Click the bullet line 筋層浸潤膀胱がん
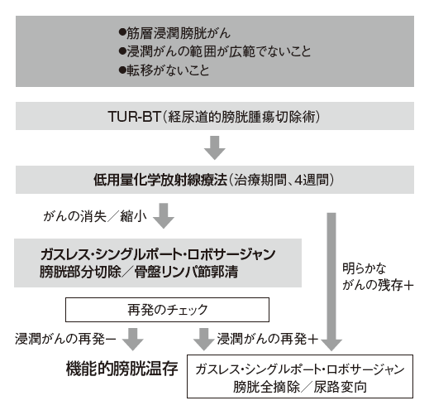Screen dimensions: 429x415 (174, 33)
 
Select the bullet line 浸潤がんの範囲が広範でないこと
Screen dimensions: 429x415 (215, 51)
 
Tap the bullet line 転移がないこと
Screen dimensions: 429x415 (164, 70)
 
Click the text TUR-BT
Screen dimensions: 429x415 (134, 116)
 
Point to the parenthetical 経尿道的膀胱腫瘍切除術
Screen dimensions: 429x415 (241, 117)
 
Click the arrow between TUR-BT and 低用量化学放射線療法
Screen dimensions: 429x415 (215, 147)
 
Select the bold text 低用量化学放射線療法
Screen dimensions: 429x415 (160, 180)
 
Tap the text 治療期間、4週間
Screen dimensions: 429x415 (281, 180)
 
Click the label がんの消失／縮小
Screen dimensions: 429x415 (95, 216)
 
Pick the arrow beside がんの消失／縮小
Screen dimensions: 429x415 (164, 215)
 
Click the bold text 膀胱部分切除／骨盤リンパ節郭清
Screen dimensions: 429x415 (139, 272)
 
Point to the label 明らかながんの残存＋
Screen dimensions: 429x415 (378, 277)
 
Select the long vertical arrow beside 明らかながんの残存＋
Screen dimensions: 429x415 (331, 282)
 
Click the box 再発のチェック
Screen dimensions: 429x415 (167, 310)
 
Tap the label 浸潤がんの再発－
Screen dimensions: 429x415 (65, 339)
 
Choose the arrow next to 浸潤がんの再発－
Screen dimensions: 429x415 (133, 339)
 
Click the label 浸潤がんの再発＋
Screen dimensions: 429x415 (267, 339)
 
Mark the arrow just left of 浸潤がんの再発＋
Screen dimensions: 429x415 (203, 339)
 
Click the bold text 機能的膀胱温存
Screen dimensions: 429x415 (122, 369)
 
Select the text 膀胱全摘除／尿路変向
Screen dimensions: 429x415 (300, 387)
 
